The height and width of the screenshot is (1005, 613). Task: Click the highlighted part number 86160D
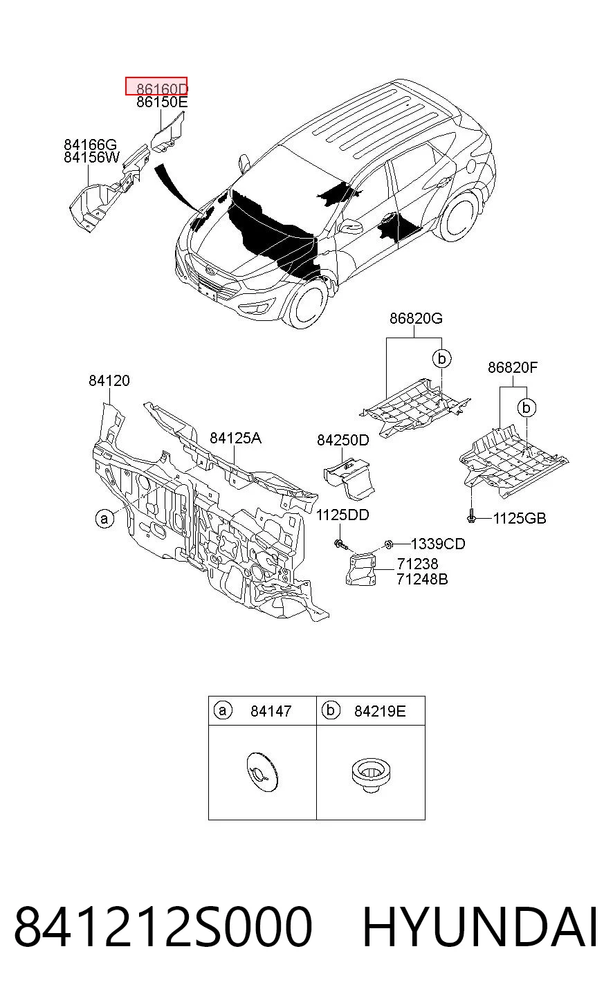(x=162, y=89)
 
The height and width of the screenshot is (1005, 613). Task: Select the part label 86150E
(x=162, y=102)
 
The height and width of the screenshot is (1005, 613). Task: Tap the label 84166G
(x=90, y=145)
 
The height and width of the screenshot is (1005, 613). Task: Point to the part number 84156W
(x=92, y=158)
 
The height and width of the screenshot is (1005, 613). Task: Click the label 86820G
(x=416, y=319)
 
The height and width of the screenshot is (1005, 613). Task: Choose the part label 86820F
(x=513, y=368)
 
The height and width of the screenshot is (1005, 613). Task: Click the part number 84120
(x=109, y=381)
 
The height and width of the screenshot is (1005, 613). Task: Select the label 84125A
(x=236, y=438)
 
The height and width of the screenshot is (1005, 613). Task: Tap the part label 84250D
(x=343, y=440)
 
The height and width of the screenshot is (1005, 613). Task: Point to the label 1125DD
(x=342, y=515)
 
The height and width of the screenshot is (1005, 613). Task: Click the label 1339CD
(x=438, y=544)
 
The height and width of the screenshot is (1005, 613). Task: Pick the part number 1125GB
(x=520, y=519)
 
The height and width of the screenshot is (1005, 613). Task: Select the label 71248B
(x=422, y=579)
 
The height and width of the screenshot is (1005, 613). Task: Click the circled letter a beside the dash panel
(x=104, y=519)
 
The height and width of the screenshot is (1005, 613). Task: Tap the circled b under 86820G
(x=442, y=358)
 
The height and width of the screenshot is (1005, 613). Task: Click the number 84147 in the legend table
(x=271, y=711)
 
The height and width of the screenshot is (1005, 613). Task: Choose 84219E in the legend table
(x=380, y=711)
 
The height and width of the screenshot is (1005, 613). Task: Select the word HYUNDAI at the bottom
(x=479, y=927)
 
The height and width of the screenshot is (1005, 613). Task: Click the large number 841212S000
(x=163, y=927)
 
